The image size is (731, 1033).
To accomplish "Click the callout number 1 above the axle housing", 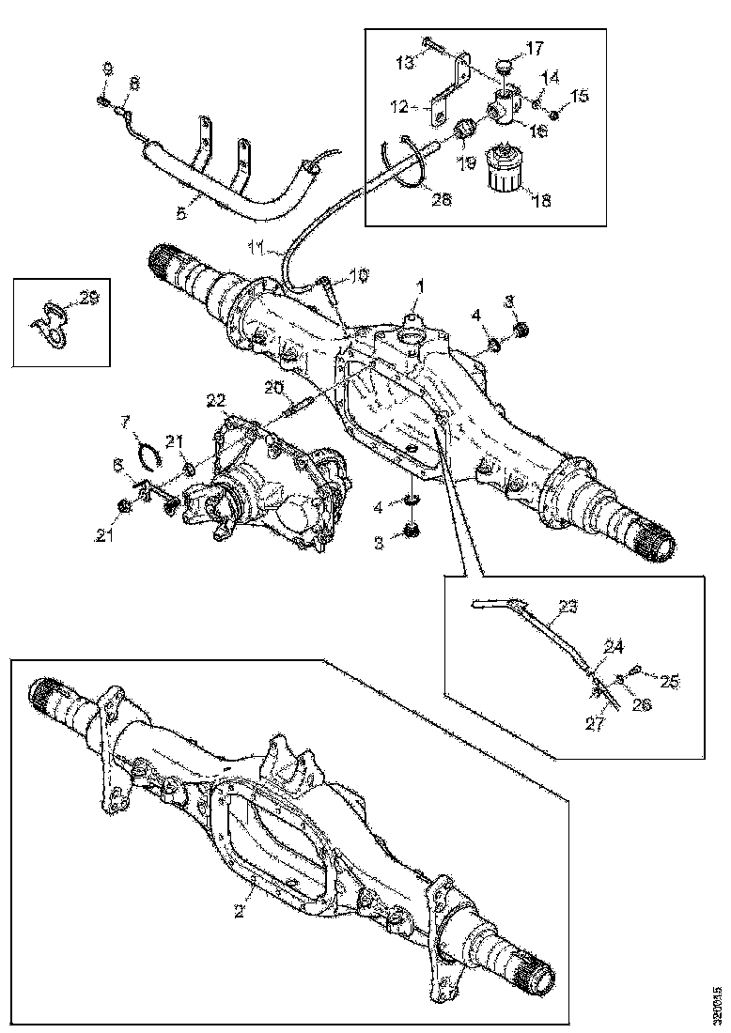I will tap(420, 284).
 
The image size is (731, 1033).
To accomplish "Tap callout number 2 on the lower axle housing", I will tap(241, 910).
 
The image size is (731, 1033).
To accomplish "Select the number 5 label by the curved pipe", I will tap(181, 213).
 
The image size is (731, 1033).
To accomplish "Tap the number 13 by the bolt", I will tap(405, 64).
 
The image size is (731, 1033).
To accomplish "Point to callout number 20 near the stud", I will tap(272, 387).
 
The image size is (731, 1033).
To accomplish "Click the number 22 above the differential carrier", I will tap(216, 400).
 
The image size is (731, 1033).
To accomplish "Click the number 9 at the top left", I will tap(106, 69).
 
